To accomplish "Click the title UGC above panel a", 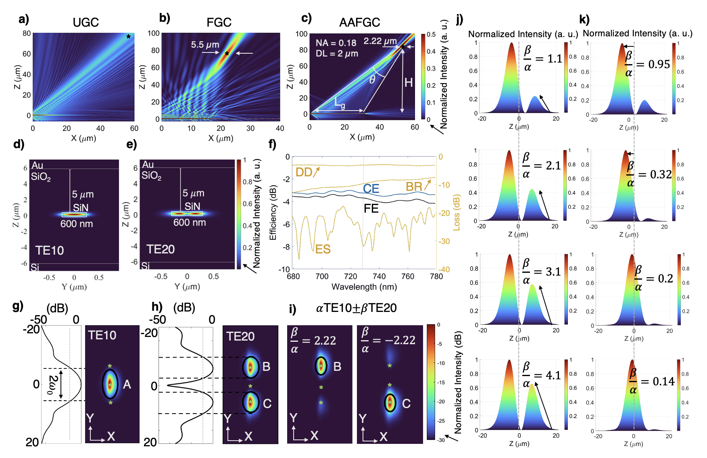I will [86, 22].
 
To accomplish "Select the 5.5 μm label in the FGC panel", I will [205, 44].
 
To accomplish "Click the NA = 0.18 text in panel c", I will [336, 43].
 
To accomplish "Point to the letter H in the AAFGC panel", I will [409, 83].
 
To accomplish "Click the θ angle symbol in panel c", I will [372, 79].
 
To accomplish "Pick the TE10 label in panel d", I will [50, 250].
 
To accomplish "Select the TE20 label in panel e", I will [160, 249].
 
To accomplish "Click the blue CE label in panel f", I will [371, 188].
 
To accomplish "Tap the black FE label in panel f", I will [371, 208].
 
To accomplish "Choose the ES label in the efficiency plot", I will [323, 249].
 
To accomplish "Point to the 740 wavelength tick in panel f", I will [379, 276].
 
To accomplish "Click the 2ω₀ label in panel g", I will [52, 385].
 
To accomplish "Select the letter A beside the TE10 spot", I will [127, 385].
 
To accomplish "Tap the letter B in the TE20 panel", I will [266, 366].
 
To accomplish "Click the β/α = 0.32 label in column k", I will [649, 175].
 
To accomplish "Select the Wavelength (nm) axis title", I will [364, 287].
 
